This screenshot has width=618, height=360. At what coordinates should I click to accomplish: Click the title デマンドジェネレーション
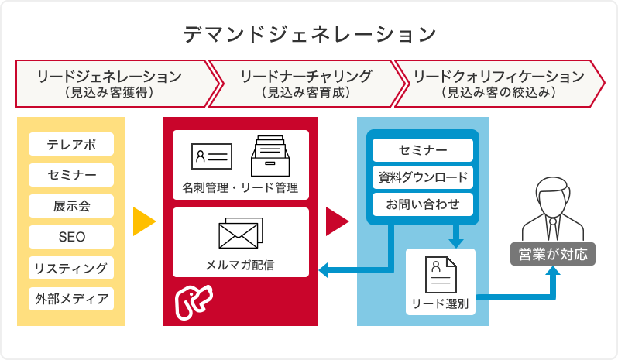click(x=310, y=34)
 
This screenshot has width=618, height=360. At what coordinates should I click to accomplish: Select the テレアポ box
click(x=71, y=144)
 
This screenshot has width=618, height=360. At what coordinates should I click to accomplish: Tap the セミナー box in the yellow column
click(x=71, y=175)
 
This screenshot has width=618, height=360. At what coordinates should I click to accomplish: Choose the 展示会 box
click(x=71, y=206)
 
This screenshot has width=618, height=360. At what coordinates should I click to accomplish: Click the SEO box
click(x=71, y=237)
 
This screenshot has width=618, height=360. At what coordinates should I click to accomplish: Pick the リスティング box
click(x=71, y=268)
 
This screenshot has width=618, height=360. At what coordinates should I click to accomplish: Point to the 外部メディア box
click(x=71, y=299)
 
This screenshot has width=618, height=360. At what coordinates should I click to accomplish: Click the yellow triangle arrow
click(x=144, y=221)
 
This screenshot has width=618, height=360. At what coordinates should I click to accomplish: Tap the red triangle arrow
click(x=337, y=221)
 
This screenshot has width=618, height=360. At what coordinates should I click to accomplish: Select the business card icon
click(x=211, y=156)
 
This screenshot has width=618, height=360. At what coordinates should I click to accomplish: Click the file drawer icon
click(x=270, y=156)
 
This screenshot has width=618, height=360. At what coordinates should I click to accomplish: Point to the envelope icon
click(x=240, y=233)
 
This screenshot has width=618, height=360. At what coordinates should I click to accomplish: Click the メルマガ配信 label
click(x=240, y=265)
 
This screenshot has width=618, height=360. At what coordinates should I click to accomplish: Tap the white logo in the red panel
click(x=194, y=302)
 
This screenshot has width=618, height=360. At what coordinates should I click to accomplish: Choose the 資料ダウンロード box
click(x=423, y=177)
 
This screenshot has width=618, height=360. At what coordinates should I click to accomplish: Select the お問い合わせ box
click(x=423, y=204)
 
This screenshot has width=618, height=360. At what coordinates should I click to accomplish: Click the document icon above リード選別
click(x=441, y=275)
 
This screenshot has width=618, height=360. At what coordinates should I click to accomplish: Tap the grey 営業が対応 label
click(x=553, y=254)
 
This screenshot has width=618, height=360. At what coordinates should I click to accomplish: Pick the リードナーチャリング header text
click(x=306, y=76)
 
